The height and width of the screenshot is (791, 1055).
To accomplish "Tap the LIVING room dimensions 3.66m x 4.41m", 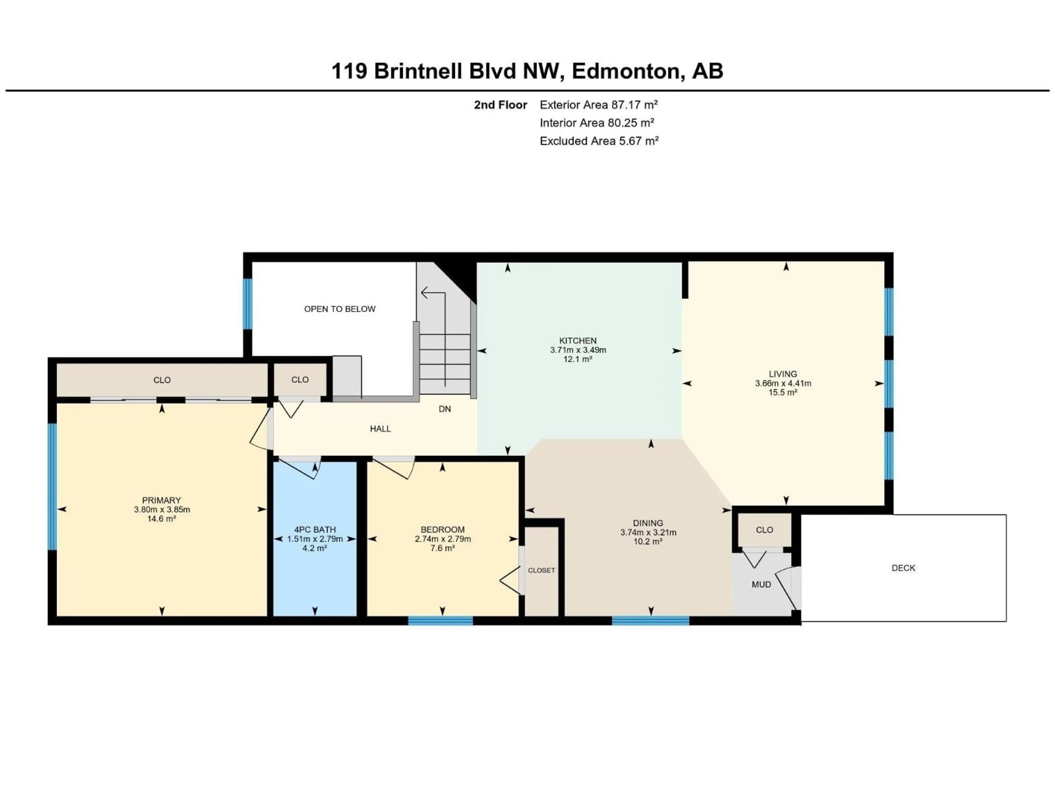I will pyautogui.click(x=783, y=383).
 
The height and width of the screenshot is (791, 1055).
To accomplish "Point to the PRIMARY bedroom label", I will pyautogui.click(x=161, y=500).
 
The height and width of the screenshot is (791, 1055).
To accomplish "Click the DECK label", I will pyautogui.click(x=903, y=568).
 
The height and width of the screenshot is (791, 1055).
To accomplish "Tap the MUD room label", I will pyautogui.click(x=761, y=584).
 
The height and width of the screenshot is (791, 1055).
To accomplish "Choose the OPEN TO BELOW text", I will pyautogui.click(x=340, y=309).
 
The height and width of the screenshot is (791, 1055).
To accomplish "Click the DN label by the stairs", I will pyautogui.click(x=445, y=409).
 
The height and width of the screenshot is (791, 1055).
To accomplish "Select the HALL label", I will pyautogui.click(x=380, y=429).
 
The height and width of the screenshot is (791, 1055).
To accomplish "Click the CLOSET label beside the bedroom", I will pyautogui.click(x=541, y=570).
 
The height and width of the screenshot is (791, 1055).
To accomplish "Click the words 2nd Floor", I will pyautogui.click(x=500, y=105).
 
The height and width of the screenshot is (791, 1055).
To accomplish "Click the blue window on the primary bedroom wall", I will pyautogui.click(x=52, y=486).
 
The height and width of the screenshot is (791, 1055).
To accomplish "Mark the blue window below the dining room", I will pyautogui.click(x=651, y=620).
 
